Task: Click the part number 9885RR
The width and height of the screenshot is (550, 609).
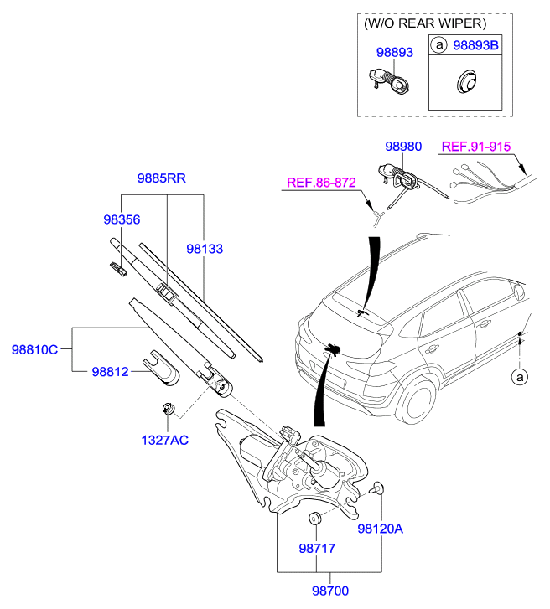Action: click(x=161, y=178)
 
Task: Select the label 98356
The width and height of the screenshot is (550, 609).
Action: click(x=122, y=219)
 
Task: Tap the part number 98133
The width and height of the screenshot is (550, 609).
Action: click(x=205, y=249)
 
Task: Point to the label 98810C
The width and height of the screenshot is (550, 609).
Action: click(x=34, y=350)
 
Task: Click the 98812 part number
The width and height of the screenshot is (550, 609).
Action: click(x=110, y=372)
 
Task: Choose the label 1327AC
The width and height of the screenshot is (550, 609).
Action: click(x=165, y=441)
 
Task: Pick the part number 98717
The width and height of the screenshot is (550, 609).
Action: click(x=317, y=549)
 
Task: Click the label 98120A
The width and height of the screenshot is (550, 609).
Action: click(x=380, y=529)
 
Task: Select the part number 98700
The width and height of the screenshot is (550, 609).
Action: click(x=330, y=591)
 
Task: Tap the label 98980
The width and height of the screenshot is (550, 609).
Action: click(x=403, y=147)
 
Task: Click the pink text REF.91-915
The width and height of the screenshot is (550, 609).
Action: click(x=476, y=147)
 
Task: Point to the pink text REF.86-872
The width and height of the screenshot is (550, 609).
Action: click(x=321, y=183)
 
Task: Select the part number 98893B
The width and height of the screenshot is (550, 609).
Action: click(x=475, y=45)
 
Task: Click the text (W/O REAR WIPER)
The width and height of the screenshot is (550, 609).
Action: click(x=425, y=23)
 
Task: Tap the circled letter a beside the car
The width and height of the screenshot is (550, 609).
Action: click(x=520, y=377)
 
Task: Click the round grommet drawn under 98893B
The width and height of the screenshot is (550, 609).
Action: click(x=465, y=81)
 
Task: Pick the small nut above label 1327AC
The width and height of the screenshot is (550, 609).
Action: click(x=169, y=409)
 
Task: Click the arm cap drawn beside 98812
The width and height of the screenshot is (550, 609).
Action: click(x=160, y=368)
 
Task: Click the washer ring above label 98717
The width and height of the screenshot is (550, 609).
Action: click(x=315, y=519)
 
